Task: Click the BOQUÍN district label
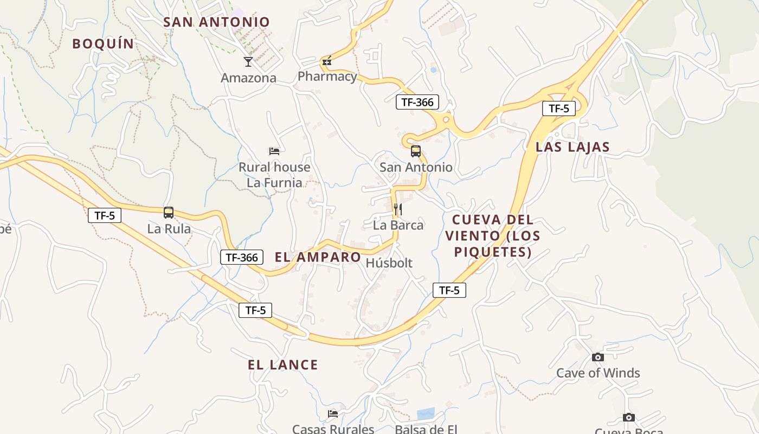click(x=103, y=44)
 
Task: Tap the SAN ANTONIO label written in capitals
click(x=216, y=22)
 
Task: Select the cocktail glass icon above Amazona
click(x=248, y=62)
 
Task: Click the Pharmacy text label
click(x=327, y=76)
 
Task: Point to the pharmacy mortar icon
click(x=326, y=61)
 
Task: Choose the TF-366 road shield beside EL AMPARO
click(x=242, y=257)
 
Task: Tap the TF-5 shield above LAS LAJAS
click(x=559, y=108)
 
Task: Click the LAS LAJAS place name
click(x=573, y=147)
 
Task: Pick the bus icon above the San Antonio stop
click(x=416, y=151)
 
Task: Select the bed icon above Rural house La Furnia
click(x=274, y=151)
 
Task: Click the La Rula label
click(x=169, y=229)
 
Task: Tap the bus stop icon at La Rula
click(x=169, y=213)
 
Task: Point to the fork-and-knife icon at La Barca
click(x=397, y=209)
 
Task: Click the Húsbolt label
click(x=389, y=263)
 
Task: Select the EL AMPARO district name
click(x=318, y=257)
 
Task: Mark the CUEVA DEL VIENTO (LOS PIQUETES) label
click(x=492, y=236)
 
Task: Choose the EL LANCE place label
click(x=283, y=365)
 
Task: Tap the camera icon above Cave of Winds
click(x=598, y=357)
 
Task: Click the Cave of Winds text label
click(x=598, y=373)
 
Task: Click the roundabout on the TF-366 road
click(x=446, y=119)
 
